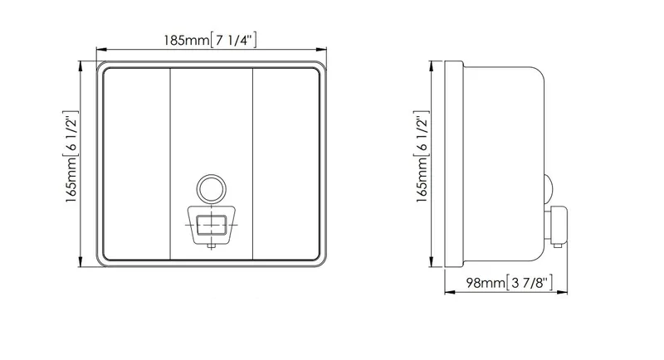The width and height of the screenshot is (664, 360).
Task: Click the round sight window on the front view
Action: (x=212, y=188)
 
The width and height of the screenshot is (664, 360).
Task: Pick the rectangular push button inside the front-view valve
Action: (x=212, y=224)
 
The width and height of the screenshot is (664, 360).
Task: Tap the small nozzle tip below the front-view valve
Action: (x=212, y=246)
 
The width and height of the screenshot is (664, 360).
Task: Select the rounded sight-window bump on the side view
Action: (x=549, y=188)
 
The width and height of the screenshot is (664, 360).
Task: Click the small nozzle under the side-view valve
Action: (x=557, y=245)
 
